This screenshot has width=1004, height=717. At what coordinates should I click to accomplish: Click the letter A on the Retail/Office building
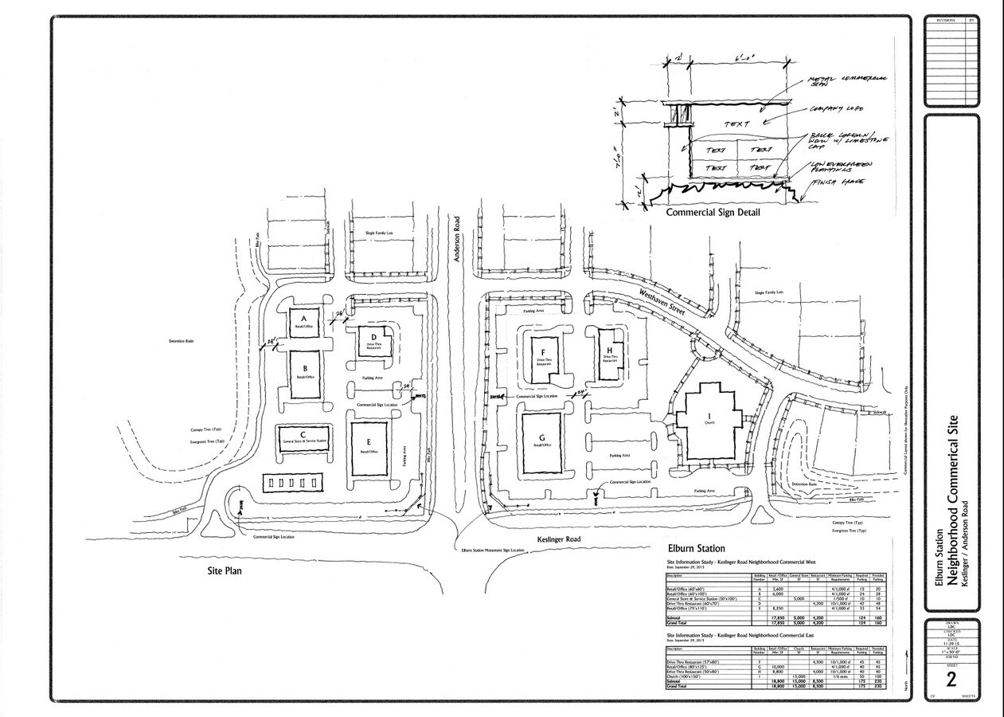(303, 315)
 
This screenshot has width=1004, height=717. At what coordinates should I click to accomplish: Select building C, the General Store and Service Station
(303, 439)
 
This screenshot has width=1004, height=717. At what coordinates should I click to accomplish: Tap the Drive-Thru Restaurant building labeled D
(372, 343)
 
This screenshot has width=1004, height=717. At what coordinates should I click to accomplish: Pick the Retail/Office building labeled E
(368, 448)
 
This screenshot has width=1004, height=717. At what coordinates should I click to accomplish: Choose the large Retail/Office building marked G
(543, 442)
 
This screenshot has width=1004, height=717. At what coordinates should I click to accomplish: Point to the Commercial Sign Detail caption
(713, 213)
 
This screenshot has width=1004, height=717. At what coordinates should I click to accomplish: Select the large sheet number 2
(950, 680)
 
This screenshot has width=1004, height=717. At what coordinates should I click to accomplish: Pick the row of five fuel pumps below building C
(295, 483)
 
